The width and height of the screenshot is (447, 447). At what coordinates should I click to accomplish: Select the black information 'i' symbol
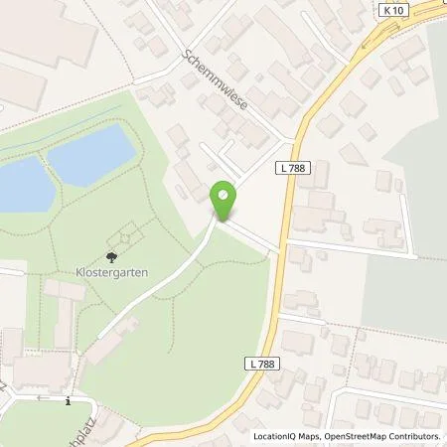coord(68,402)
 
